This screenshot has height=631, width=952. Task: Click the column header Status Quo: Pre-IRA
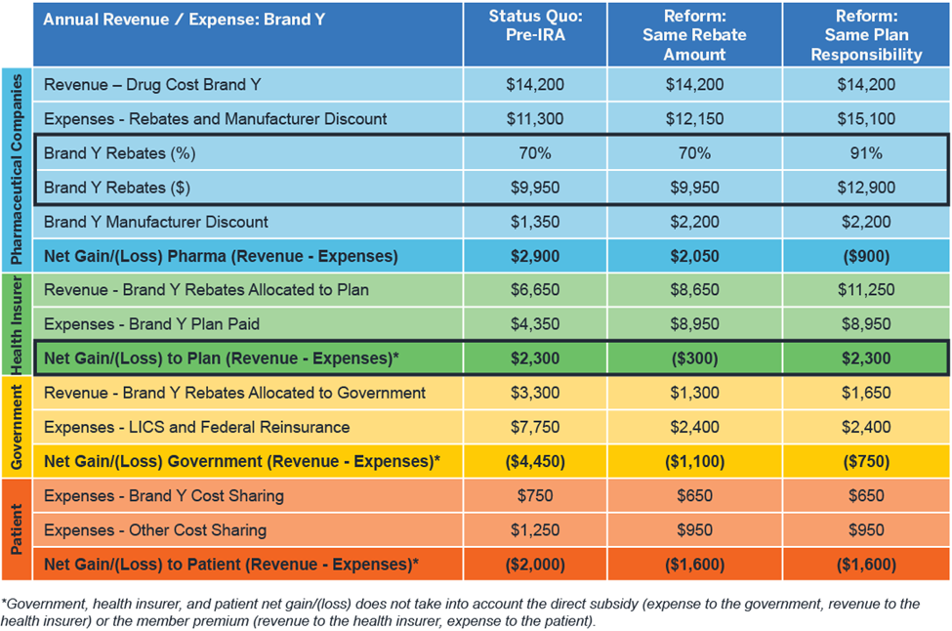[x=534, y=34]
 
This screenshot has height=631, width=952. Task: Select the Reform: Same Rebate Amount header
[x=693, y=34]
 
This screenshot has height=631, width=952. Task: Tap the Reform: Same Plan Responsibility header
[x=865, y=34]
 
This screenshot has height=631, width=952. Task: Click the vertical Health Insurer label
[x=17, y=324]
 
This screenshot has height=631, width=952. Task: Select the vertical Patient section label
[x=17, y=529]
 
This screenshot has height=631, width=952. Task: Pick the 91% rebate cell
[x=865, y=153]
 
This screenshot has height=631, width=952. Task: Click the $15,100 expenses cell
[x=865, y=119]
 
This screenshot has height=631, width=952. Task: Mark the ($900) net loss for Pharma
[x=865, y=256]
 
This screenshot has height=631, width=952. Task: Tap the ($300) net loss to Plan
[x=693, y=358]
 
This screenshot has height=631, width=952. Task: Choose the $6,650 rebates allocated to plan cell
[x=534, y=290]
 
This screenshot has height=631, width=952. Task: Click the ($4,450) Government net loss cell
[x=534, y=461]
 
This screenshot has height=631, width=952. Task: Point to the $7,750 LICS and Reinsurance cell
[x=534, y=427]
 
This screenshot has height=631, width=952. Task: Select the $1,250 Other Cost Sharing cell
[x=534, y=530]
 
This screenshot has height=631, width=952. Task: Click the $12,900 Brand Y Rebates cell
[x=865, y=188]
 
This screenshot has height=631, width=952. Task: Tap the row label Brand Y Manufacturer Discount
[x=156, y=222]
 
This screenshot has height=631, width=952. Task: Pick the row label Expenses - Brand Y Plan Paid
[x=151, y=324]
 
